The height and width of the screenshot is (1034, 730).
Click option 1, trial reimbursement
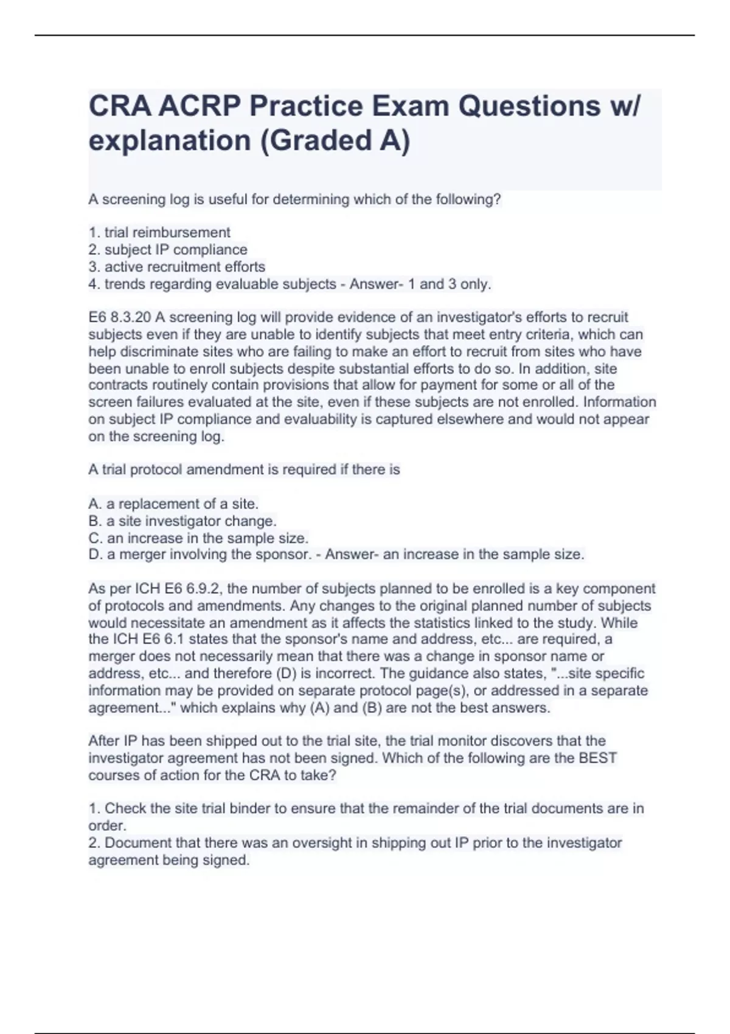click(x=159, y=232)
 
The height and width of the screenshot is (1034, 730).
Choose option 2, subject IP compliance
click(x=168, y=249)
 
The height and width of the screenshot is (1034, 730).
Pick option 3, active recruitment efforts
click(x=177, y=266)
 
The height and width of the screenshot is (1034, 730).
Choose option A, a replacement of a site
click(x=173, y=504)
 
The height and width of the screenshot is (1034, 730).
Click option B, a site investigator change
click(x=182, y=521)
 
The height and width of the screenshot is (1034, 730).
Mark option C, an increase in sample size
click(x=198, y=538)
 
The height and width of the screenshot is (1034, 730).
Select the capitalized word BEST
click(x=597, y=758)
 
